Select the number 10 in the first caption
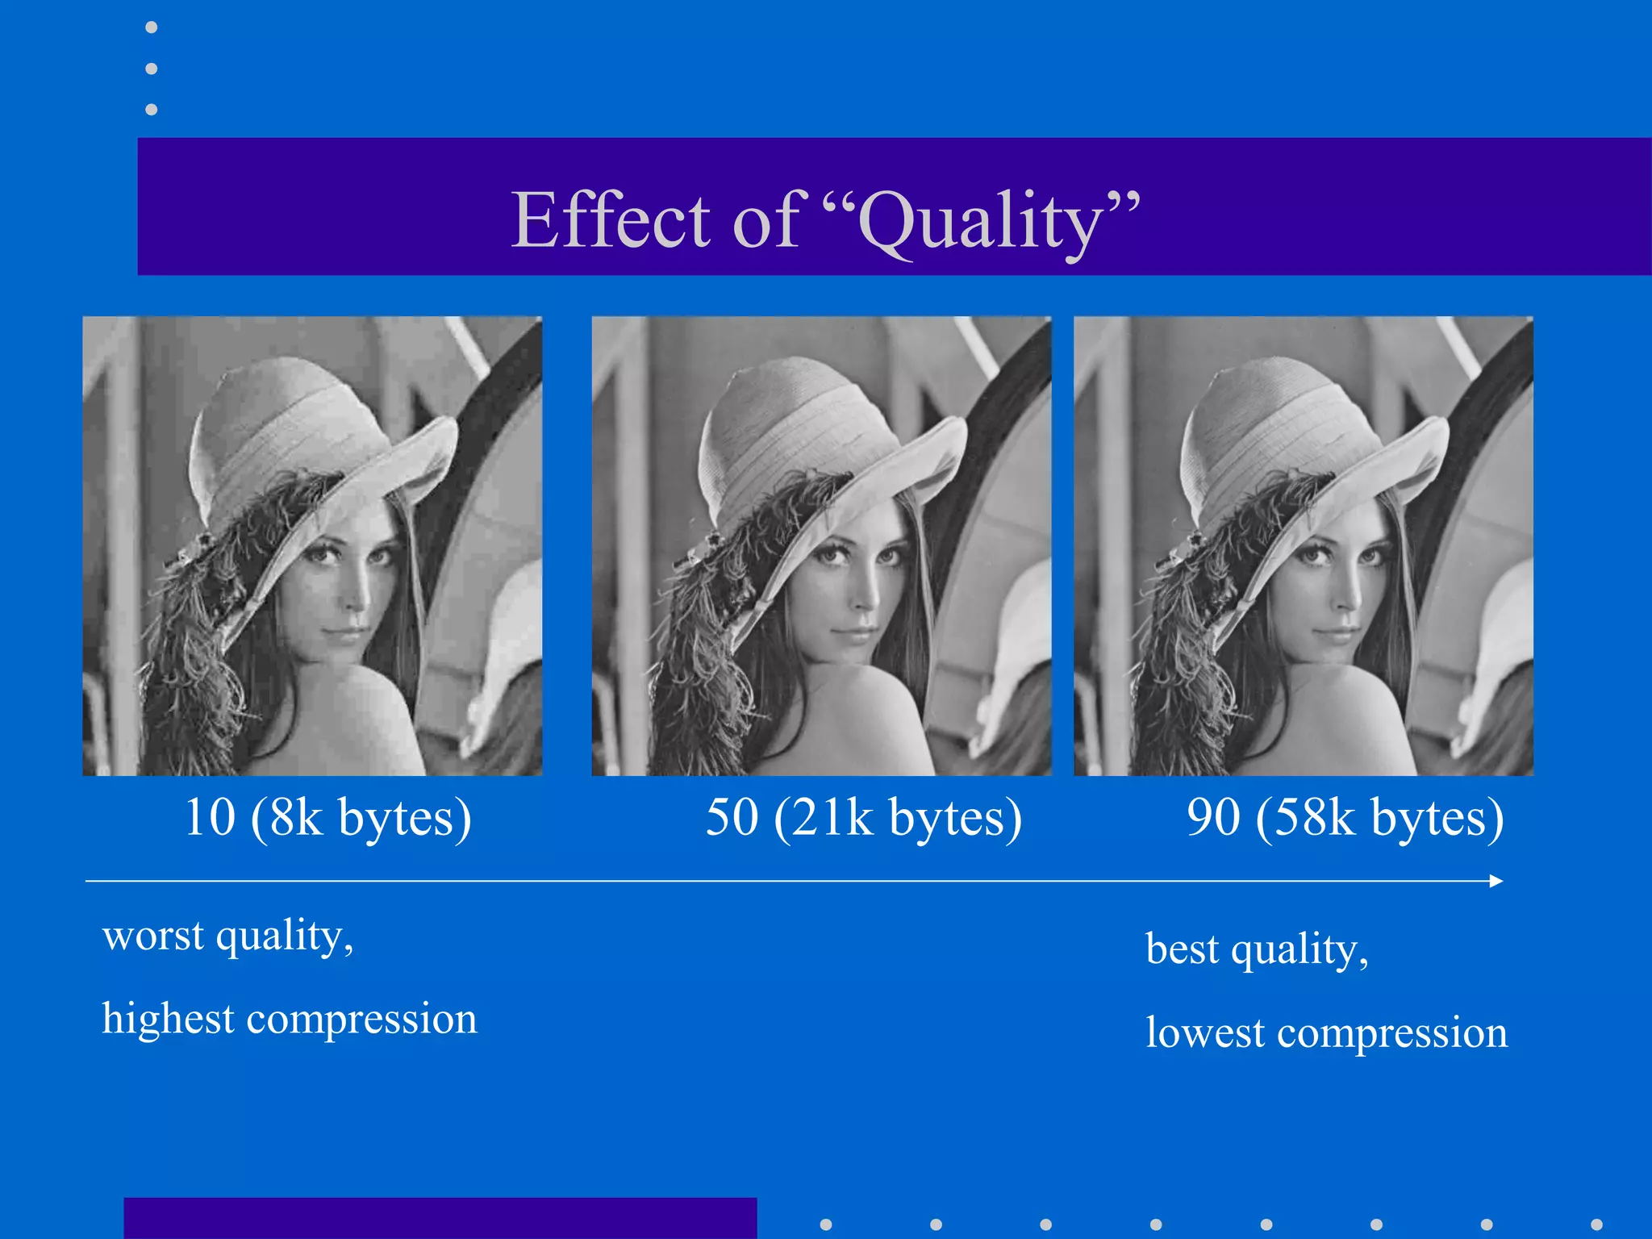[x=210, y=817]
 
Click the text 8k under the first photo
[x=296, y=817]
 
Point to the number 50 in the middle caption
[x=732, y=817]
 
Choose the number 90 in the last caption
[x=1213, y=817]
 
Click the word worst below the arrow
[x=153, y=936]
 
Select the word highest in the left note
[x=168, y=1019]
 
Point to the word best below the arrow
[x=1182, y=949]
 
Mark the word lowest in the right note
[x=1205, y=1032]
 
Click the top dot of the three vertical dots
[x=151, y=27]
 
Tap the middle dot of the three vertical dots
[x=151, y=69]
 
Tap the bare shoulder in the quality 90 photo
[x=1363, y=718]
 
